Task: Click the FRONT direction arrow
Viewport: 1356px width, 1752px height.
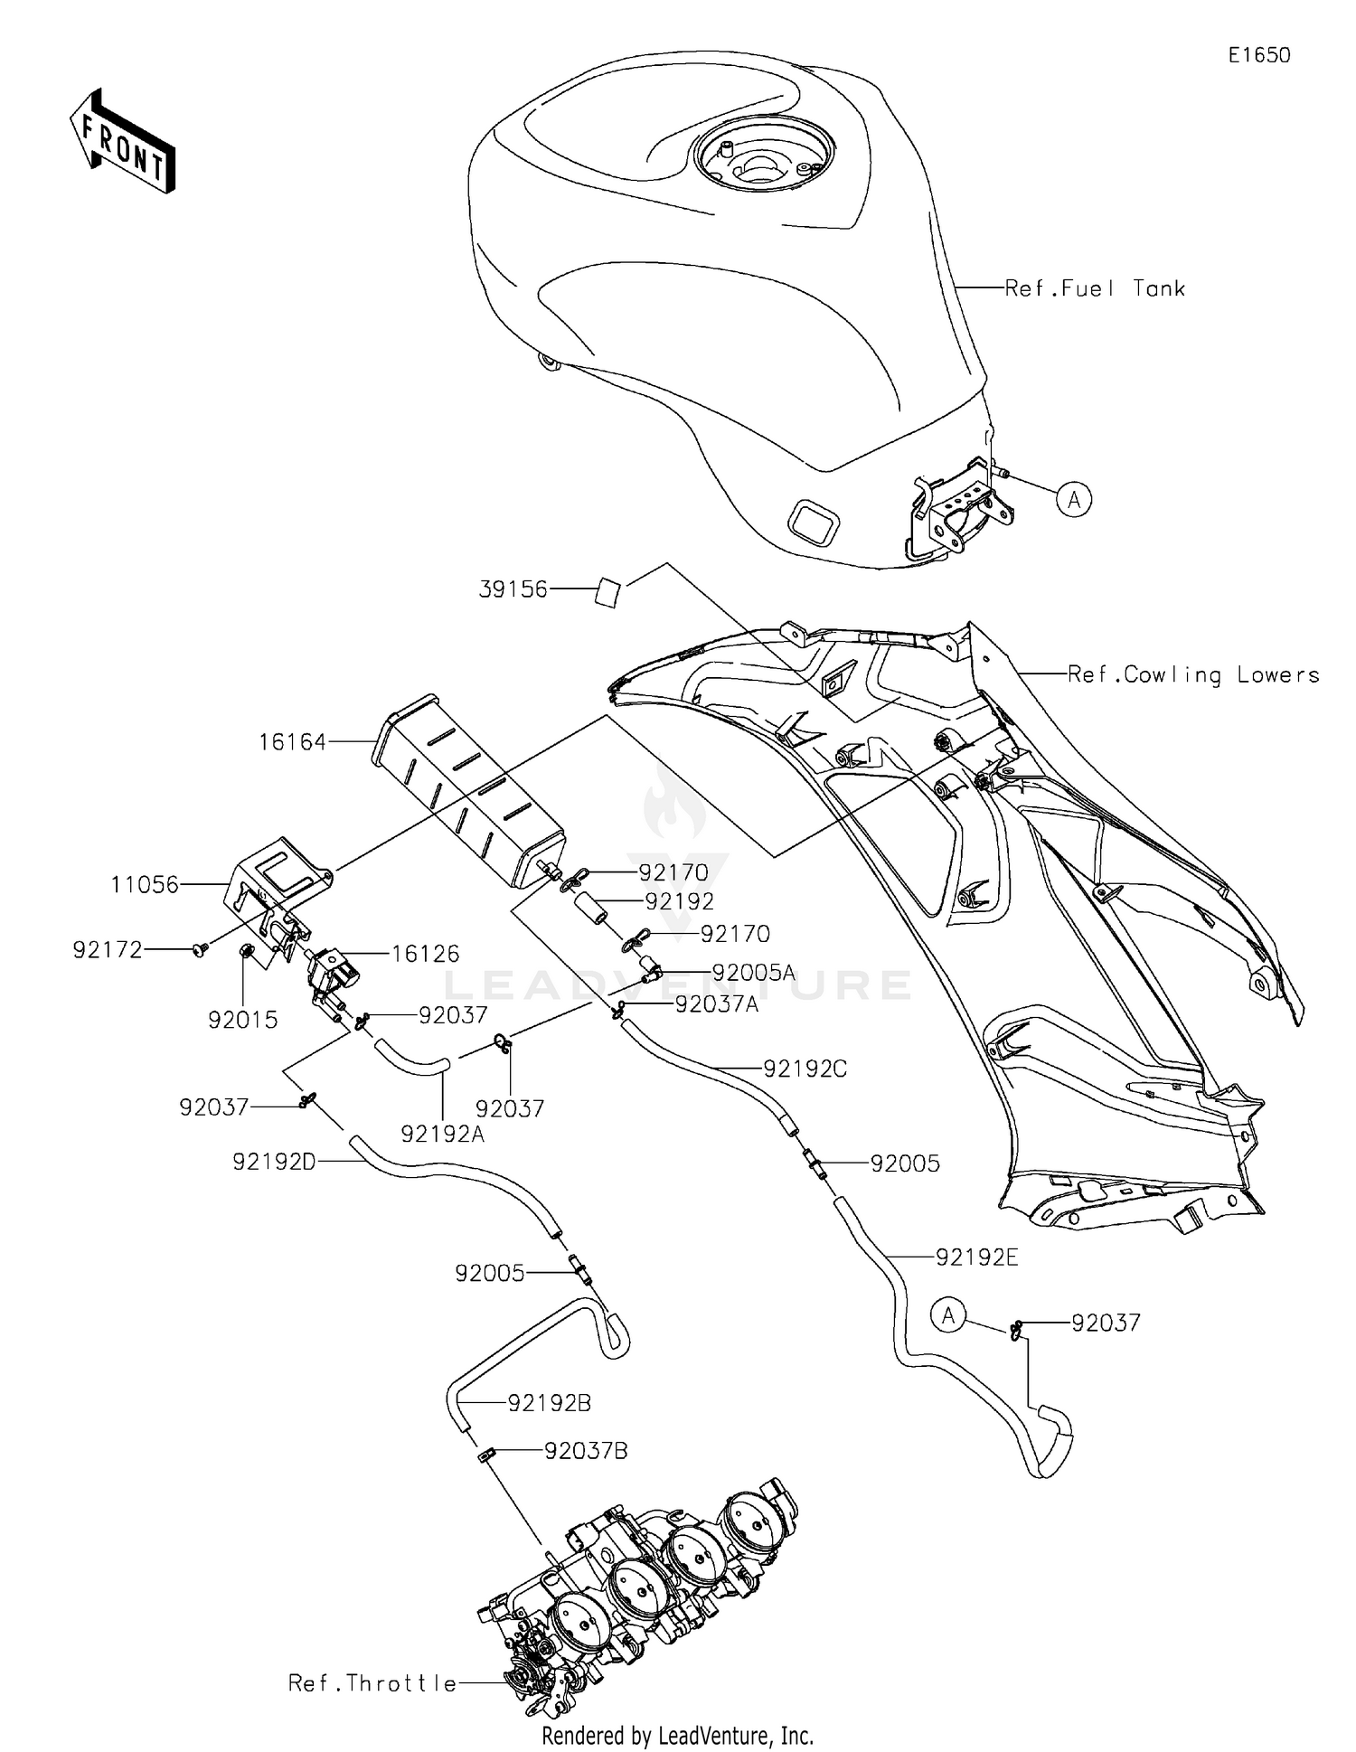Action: [122, 142]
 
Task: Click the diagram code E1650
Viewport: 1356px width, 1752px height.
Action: [1258, 55]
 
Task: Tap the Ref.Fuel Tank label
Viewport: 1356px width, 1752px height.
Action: [1095, 288]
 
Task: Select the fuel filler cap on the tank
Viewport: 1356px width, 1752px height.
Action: [760, 156]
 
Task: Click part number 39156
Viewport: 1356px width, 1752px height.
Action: [513, 589]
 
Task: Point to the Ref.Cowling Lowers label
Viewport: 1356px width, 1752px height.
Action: [1193, 674]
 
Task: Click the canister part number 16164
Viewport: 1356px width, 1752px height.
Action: [292, 742]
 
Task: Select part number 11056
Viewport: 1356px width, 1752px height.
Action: [145, 884]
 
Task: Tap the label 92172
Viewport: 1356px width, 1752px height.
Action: [108, 949]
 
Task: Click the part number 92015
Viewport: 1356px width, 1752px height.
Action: [242, 1019]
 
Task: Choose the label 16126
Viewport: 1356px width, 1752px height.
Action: [425, 954]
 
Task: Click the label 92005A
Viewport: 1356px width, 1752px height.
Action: [753, 973]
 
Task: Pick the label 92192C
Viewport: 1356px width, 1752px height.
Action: [805, 1069]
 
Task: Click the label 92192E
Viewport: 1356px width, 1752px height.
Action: [976, 1257]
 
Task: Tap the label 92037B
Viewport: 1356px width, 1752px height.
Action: [586, 1450]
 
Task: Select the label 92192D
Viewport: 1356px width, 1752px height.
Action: [274, 1162]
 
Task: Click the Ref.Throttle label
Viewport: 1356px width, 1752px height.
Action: [372, 1682]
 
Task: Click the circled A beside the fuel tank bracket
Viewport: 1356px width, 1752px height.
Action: [1074, 499]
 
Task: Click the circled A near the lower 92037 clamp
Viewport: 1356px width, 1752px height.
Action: [947, 1315]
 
